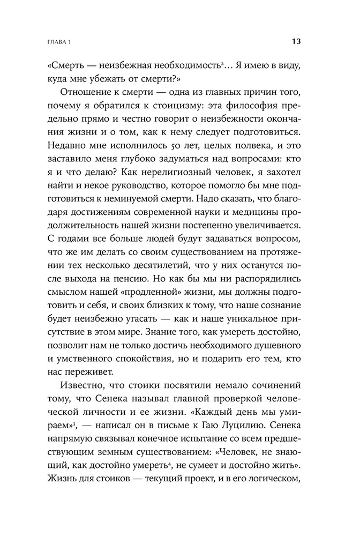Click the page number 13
tap(296, 41)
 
